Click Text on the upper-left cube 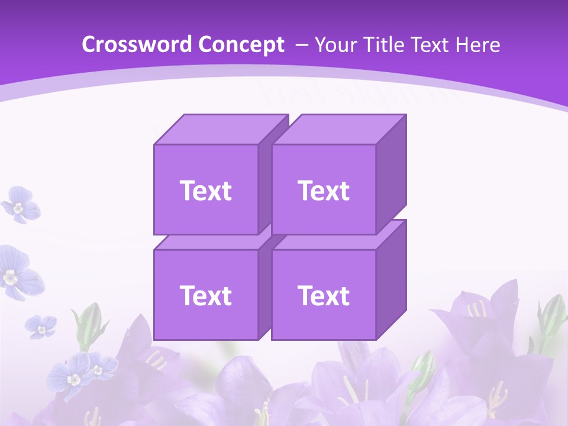point(205,191)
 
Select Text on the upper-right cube point(324,191)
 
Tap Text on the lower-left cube point(205,295)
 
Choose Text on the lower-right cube point(324,295)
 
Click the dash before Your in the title point(301,45)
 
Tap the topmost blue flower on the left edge point(20,204)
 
